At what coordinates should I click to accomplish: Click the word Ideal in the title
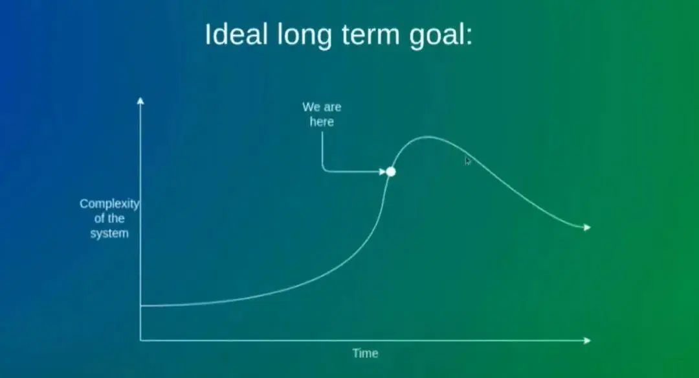[236, 34]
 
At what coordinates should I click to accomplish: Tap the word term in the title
[370, 36]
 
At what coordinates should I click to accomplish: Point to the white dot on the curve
[390, 172]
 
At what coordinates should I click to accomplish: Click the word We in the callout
[311, 107]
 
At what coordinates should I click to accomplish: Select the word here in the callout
[322, 122]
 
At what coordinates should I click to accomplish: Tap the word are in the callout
[332, 108]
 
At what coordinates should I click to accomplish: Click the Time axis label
[365, 353]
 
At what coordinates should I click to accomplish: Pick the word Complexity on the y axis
[109, 204]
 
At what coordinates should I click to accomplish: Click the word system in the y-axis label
[109, 233]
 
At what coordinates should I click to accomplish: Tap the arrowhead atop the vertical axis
[140, 100]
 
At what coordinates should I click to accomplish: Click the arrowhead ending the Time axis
[587, 340]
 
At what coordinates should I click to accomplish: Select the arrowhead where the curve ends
[587, 228]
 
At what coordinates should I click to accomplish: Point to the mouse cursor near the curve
[467, 161]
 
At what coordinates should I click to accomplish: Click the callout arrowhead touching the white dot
[382, 172]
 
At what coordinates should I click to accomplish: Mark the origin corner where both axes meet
[140, 340]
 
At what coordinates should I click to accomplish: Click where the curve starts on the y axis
[141, 306]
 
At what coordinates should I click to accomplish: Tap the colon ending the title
[469, 37]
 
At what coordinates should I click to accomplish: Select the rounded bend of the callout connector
[324, 169]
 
